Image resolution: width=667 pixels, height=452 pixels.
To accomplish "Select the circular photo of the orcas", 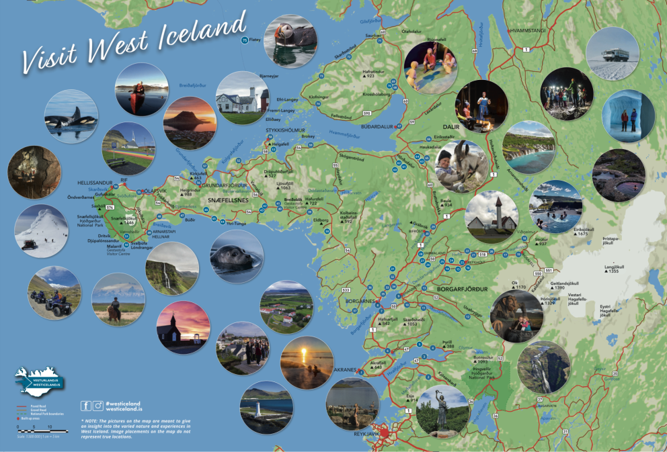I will (x=71, y=117).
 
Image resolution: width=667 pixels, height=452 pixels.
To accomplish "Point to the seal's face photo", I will (x=237, y=257).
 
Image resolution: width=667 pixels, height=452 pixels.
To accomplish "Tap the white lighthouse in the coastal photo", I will (x=260, y=414).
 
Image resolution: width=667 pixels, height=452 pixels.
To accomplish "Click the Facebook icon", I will (x=86, y=405).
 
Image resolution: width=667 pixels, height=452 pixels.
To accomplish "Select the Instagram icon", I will (x=98, y=405).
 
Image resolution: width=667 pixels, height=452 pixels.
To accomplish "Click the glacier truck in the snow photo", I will (x=611, y=54).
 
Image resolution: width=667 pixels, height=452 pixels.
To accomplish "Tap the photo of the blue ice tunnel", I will (x=628, y=116).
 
